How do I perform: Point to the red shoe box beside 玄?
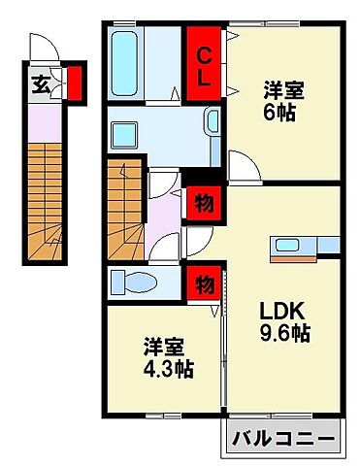(x=74, y=83)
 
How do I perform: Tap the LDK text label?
(x=280, y=313)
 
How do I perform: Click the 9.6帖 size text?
(x=282, y=334)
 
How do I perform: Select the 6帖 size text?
(x=282, y=113)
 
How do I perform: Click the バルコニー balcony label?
(x=286, y=442)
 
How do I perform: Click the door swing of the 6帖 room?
(x=239, y=163)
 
